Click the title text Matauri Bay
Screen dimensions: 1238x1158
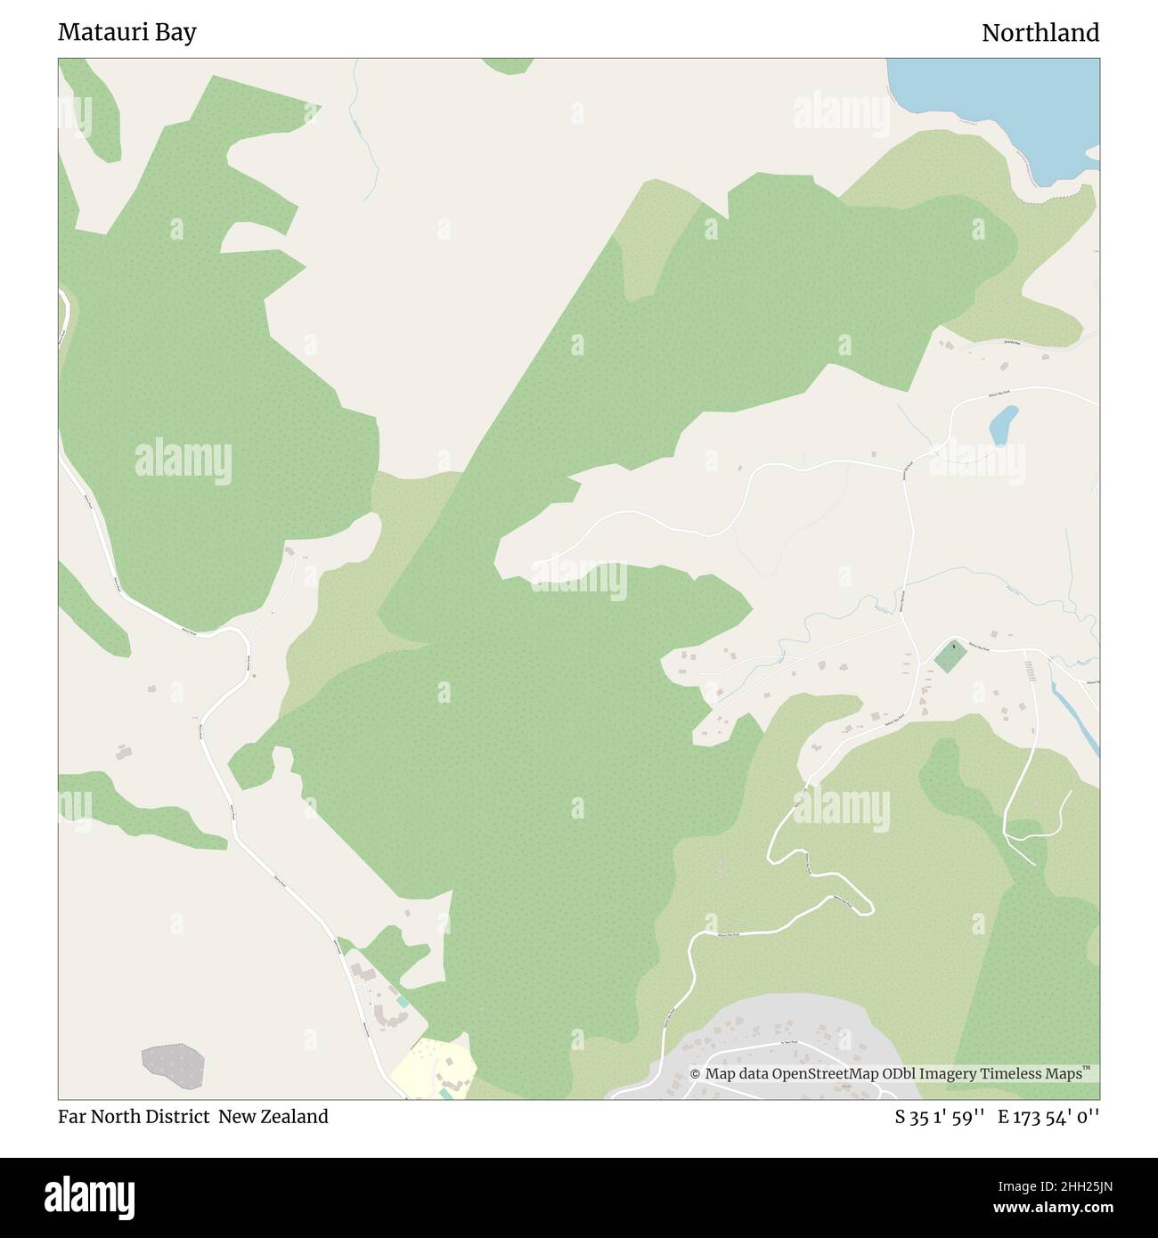126,33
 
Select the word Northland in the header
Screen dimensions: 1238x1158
1040,33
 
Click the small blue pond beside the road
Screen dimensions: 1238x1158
1003,425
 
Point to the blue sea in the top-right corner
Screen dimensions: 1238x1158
1007,98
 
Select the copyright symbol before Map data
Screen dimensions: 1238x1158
696,1074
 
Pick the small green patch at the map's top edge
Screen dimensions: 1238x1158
509,65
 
